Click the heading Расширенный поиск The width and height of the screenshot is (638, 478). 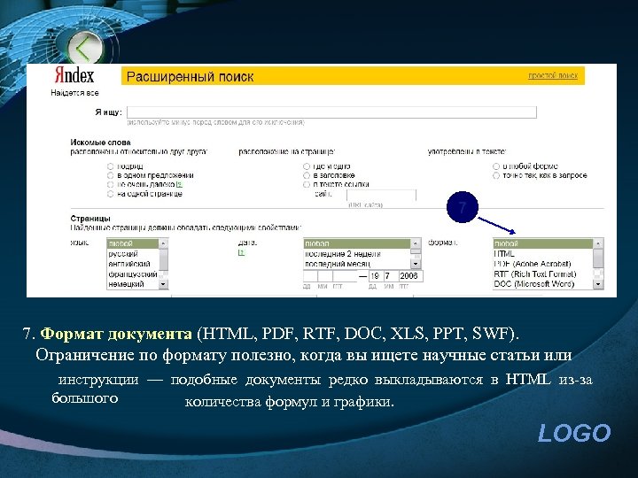(190, 77)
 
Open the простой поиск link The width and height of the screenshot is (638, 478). (553, 76)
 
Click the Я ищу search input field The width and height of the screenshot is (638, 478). (332, 112)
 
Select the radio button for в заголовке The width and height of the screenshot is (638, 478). (307, 175)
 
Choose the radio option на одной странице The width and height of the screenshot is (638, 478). (111, 193)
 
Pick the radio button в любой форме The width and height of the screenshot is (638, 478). (496, 166)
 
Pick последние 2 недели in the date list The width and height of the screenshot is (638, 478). (342, 254)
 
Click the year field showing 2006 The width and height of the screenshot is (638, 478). (408, 276)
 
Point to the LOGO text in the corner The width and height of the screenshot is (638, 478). (574, 433)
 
